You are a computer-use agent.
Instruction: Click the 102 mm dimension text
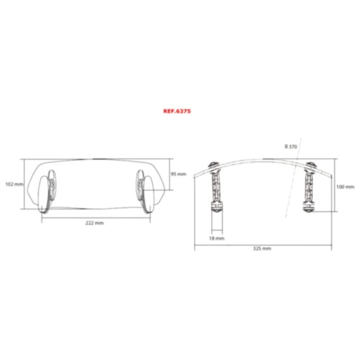[14, 184]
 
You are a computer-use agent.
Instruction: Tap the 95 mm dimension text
[179, 174]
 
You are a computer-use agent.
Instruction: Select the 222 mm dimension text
[95, 224]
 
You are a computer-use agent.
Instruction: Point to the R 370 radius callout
[291, 147]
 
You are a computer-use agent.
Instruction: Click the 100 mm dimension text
[345, 187]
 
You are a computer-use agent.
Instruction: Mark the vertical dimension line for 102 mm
[27, 184]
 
